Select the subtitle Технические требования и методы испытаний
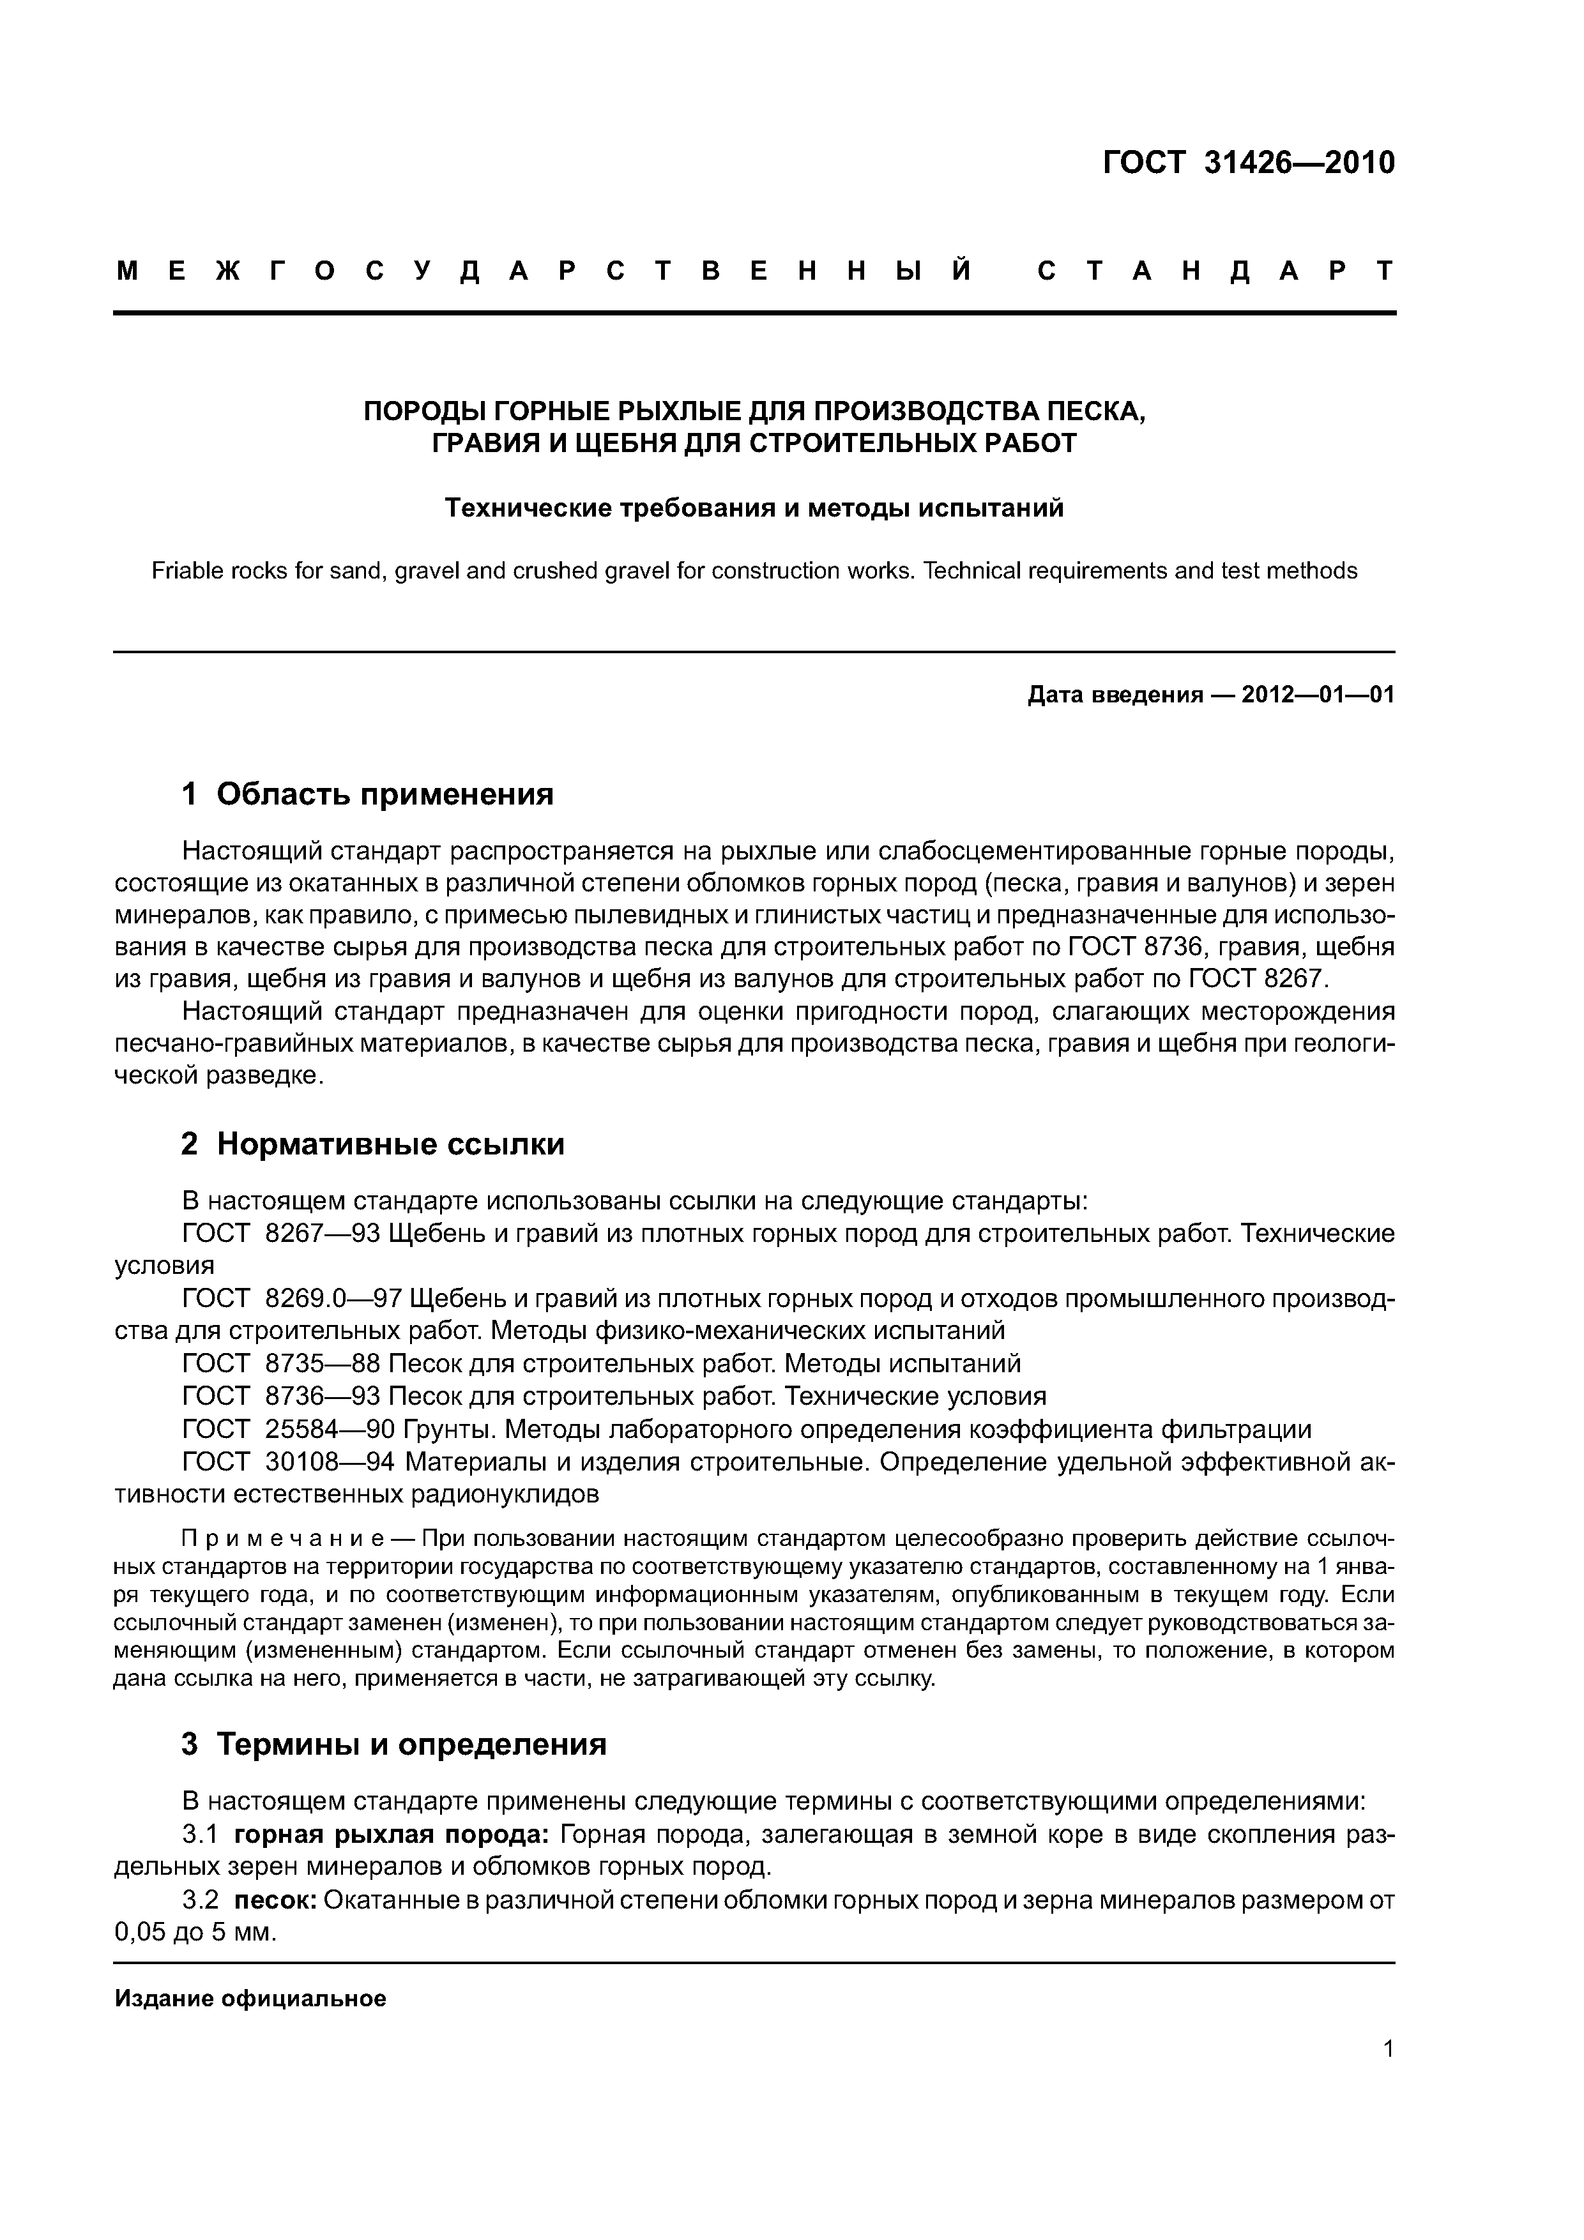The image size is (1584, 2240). coord(754,508)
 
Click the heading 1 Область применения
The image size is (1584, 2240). coord(367,794)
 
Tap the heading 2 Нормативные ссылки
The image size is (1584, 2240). coord(373,1144)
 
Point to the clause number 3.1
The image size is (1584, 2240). coord(200,1835)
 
